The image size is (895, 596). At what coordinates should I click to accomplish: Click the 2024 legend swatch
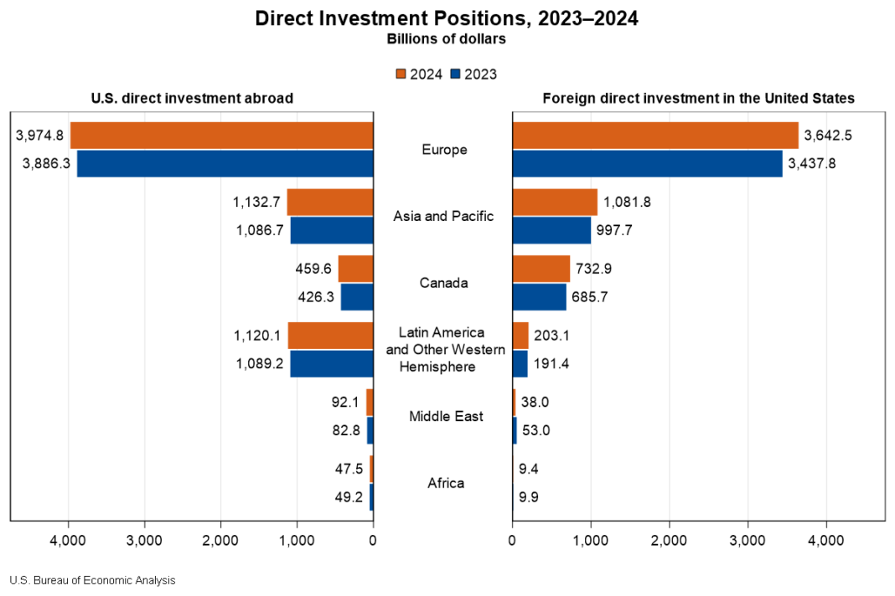pos(401,74)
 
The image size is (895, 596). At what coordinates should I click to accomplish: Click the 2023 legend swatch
pos(456,74)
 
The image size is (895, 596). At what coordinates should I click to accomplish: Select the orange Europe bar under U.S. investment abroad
pos(221,136)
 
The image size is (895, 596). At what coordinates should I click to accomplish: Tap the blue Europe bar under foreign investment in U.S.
pos(647,163)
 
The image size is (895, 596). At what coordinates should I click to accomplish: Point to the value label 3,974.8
pos(39,135)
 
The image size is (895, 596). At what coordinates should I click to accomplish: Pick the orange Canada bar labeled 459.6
pos(355,269)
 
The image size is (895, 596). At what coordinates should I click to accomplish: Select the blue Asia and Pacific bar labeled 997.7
pos(551,230)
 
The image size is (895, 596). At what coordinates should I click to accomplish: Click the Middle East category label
pos(446,416)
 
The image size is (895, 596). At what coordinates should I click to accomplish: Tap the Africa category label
pos(446,483)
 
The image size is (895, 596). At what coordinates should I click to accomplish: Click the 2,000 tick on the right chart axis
pos(669,540)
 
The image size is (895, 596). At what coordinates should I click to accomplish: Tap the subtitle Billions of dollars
pos(446,39)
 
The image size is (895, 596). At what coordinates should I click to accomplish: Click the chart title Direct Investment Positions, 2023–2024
pos(446,18)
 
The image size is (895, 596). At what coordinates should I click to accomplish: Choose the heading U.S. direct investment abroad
pos(192,98)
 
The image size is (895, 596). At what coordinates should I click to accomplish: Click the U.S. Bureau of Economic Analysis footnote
pos(92,580)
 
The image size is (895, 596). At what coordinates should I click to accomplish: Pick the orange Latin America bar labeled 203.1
pos(520,336)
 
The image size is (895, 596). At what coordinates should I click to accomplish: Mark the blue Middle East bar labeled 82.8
pos(370,430)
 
